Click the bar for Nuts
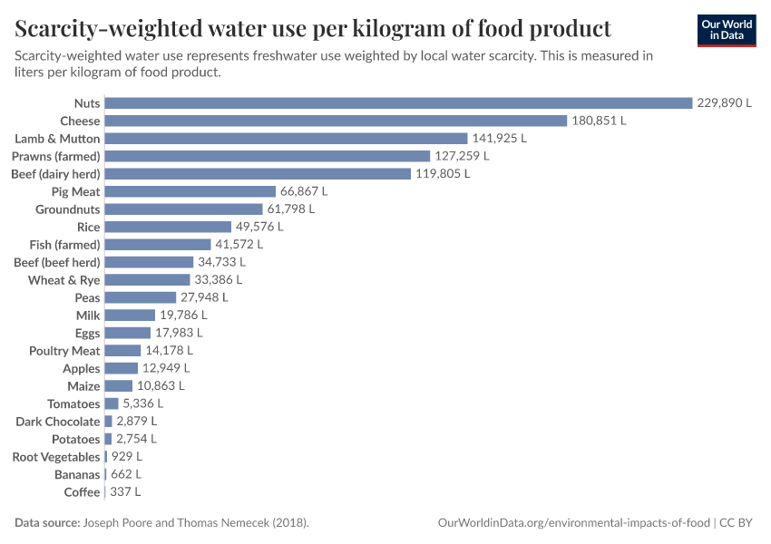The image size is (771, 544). click(x=398, y=102)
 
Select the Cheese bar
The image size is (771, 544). click(x=336, y=121)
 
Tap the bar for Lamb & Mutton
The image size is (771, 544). click(x=286, y=138)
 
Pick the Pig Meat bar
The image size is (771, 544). click(x=190, y=191)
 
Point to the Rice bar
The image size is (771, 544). click(x=168, y=227)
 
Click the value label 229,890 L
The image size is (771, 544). click(x=724, y=103)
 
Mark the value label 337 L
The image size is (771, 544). click(x=125, y=492)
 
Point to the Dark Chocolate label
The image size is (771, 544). click(x=58, y=422)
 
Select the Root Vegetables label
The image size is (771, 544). click(x=56, y=457)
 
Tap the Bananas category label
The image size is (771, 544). click(x=77, y=475)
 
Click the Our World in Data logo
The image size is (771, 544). click(x=727, y=30)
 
